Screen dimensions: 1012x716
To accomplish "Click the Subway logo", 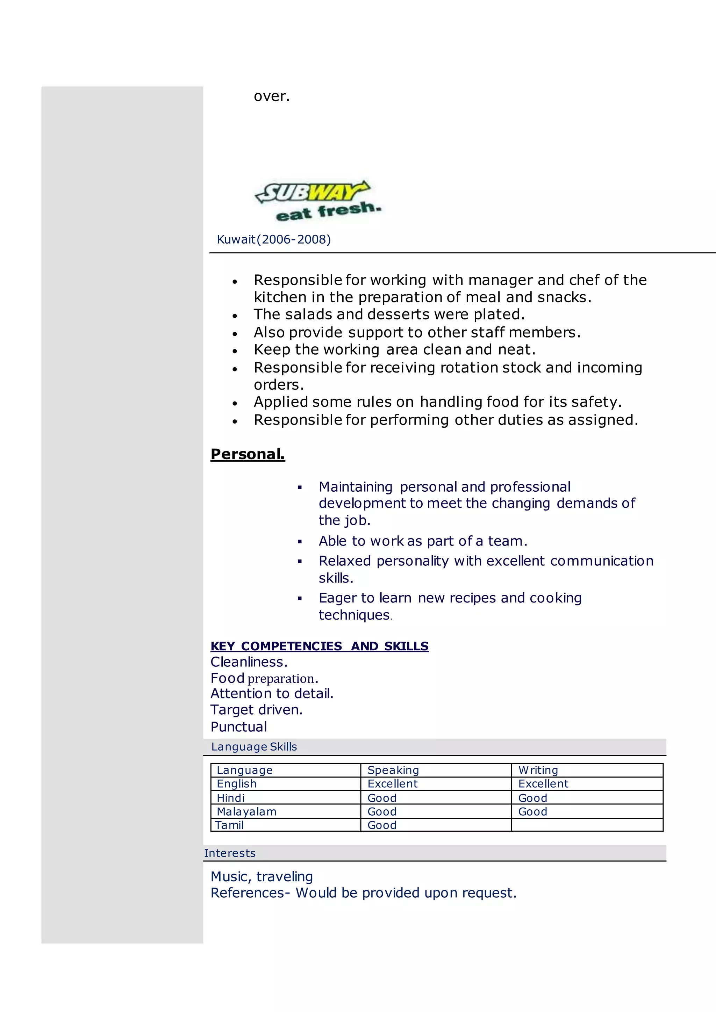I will click(x=317, y=201).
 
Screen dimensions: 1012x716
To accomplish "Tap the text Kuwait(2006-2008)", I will click(x=273, y=239).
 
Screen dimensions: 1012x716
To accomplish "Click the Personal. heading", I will click(x=248, y=454).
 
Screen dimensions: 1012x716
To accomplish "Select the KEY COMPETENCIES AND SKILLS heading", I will click(x=319, y=646).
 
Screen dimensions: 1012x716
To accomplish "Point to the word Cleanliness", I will click(x=249, y=662).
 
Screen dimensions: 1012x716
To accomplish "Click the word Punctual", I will click(x=238, y=727).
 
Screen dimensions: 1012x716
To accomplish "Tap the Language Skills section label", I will click(x=254, y=747).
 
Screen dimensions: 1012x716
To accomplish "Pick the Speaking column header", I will click(x=393, y=770).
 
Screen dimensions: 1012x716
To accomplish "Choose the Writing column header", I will click(x=538, y=770).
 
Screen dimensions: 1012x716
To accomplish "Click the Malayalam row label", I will click(x=246, y=811).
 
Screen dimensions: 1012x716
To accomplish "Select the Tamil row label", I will click(x=229, y=825).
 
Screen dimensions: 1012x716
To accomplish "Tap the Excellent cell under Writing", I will click(x=543, y=784).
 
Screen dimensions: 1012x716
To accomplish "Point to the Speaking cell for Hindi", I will click(x=382, y=798).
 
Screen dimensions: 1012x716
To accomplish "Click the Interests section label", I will click(x=230, y=853).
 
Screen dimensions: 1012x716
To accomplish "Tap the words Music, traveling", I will click(x=262, y=877).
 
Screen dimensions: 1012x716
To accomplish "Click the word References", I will click(x=247, y=893).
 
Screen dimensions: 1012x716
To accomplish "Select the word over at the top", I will click(x=271, y=96).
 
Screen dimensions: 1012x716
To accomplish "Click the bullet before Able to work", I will click(x=300, y=541).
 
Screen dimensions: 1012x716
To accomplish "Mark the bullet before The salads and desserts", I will click(x=235, y=316).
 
